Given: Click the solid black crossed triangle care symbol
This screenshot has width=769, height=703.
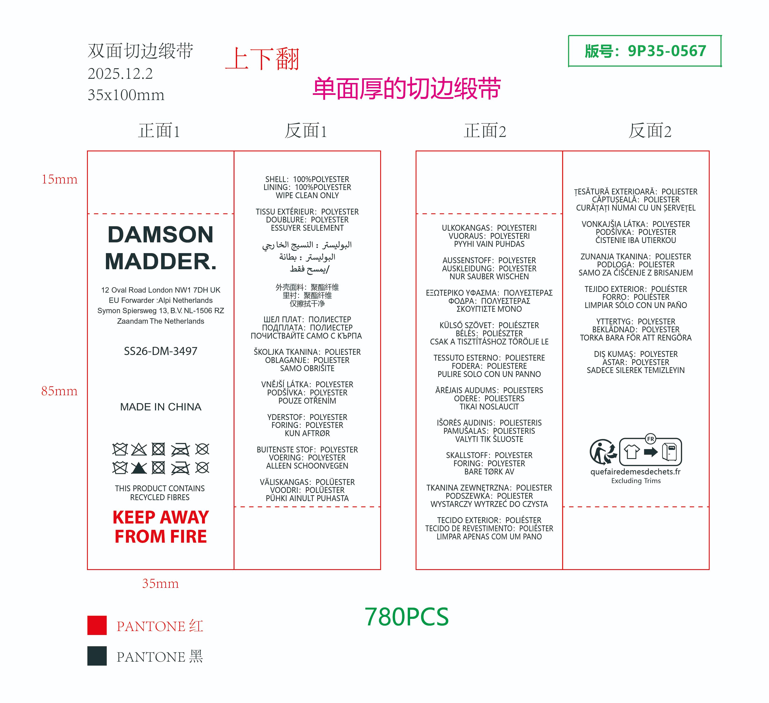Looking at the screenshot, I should tap(139, 468).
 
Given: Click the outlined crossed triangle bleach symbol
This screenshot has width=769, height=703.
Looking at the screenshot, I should tap(139, 449).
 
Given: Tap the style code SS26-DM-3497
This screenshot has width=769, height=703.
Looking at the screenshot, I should tap(161, 351).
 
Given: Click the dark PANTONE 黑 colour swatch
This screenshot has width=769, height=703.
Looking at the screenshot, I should tap(97, 656).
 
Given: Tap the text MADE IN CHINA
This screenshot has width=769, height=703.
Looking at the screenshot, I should tap(161, 407).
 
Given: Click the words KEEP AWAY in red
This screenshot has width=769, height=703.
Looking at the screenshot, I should tap(161, 517).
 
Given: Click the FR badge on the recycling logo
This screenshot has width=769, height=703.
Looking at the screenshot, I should tap(650, 439).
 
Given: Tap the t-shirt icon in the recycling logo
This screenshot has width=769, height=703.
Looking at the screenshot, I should tap(632, 452).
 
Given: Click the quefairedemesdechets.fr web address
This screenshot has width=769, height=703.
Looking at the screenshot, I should tap(635, 472).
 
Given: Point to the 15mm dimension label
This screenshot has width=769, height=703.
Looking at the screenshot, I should tap(60, 179).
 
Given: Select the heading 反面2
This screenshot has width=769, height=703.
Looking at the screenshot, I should tap(650, 131).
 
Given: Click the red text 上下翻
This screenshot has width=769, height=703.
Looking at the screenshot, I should tap(262, 59).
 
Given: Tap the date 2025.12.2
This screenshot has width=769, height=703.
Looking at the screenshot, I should tap(120, 74).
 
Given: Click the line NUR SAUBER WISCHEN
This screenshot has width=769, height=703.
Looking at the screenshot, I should tap(489, 276).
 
